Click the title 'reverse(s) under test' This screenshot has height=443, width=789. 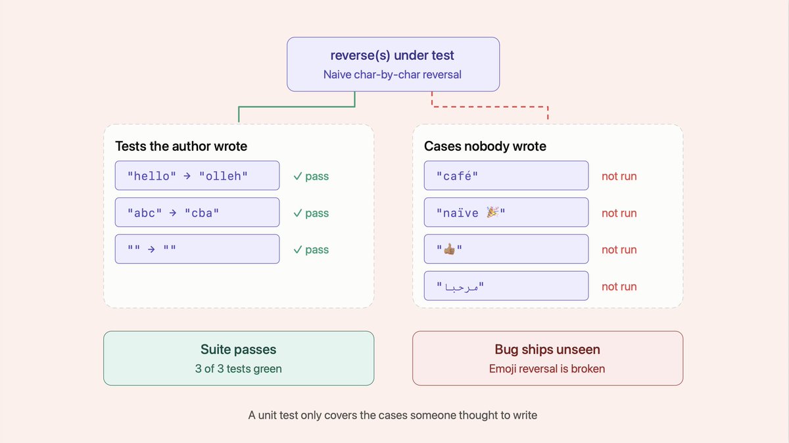(392, 55)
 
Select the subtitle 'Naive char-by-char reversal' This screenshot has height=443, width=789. (393, 75)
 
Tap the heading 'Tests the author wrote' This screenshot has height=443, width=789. (181, 146)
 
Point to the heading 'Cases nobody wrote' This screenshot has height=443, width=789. (485, 146)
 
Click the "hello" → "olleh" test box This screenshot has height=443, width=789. (197, 176)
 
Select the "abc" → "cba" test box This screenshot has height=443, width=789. (197, 213)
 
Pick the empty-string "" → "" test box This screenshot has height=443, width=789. (197, 249)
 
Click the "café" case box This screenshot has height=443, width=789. (506, 176)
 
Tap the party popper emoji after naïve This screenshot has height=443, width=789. (492, 212)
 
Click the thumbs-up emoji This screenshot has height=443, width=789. (450, 249)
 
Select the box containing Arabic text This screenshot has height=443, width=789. (506, 286)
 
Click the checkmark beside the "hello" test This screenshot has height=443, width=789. (298, 176)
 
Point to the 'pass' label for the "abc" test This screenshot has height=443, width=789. (317, 213)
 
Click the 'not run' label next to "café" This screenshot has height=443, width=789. (619, 176)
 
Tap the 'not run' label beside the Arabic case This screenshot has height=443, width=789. (619, 286)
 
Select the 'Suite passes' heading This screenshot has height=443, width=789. (239, 349)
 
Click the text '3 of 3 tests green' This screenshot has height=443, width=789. (239, 369)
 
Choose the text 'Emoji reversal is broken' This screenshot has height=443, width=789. (547, 369)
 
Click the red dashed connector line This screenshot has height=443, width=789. (490, 107)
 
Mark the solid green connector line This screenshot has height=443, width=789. (297, 107)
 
